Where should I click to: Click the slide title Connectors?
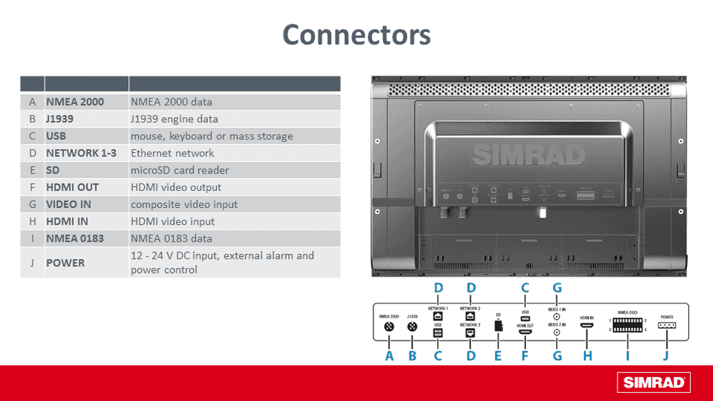click(356, 35)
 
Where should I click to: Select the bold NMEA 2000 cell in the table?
click(75, 102)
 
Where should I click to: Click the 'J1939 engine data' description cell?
click(175, 119)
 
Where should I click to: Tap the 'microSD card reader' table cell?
click(180, 171)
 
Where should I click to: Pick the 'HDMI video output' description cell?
click(174, 188)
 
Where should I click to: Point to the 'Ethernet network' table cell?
click(172, 154)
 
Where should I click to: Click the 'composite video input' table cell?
click(184, 205)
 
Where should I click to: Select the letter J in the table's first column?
click(32, 263)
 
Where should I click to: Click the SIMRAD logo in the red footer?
click(653, 383)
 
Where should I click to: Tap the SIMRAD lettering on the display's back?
click(529, 156)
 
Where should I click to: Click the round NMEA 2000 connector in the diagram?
click(389, 326)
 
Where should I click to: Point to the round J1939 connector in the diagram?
click(412, 326)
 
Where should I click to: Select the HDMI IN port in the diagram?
click(588, 326)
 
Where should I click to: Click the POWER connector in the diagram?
click(667, 326)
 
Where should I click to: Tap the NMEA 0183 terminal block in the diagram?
click(627, 326)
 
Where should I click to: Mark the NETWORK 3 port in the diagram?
click(470, 333)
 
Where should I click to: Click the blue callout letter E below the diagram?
click(497, 356)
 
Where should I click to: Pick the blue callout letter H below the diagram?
click(588, 356)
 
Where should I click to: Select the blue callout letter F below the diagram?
click(525, 356)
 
